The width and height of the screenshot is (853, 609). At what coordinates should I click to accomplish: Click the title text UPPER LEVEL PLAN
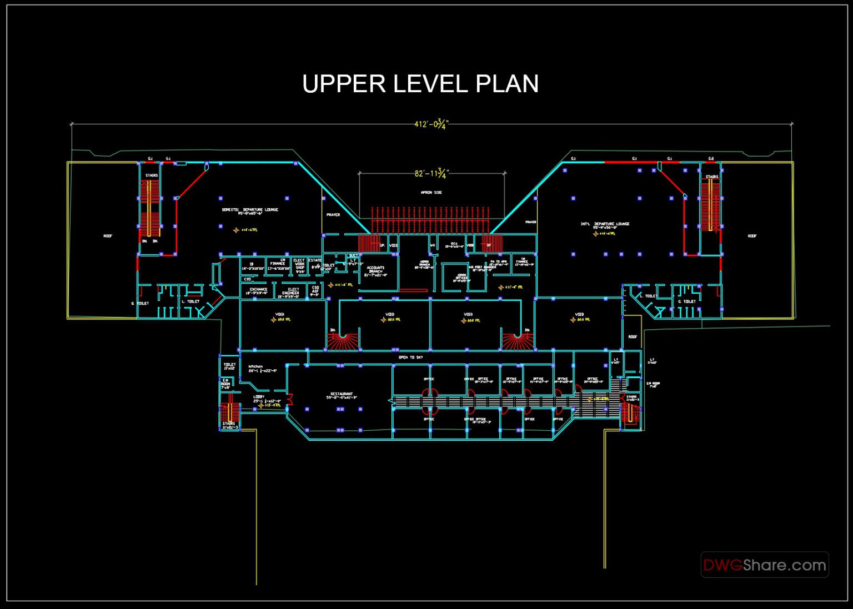420,84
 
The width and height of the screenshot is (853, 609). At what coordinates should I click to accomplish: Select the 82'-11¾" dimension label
431,173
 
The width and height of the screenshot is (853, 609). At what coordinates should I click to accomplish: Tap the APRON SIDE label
431,193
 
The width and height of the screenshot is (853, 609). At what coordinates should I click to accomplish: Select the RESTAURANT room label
342,395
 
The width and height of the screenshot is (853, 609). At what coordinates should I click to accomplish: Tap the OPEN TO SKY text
410,358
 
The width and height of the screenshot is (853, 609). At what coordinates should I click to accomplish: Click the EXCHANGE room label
258,290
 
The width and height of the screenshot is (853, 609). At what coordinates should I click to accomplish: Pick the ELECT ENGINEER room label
290,291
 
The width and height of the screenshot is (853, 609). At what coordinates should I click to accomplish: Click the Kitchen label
255,368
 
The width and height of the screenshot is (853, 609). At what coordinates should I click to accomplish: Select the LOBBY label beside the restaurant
259,397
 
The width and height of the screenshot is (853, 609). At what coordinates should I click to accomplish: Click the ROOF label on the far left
108,236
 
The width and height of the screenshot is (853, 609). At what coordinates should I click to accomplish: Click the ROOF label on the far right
751,236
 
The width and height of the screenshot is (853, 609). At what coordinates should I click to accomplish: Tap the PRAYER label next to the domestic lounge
333,215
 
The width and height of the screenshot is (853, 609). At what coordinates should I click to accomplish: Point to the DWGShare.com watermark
765,565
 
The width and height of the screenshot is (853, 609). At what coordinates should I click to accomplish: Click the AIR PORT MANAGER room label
482,268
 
